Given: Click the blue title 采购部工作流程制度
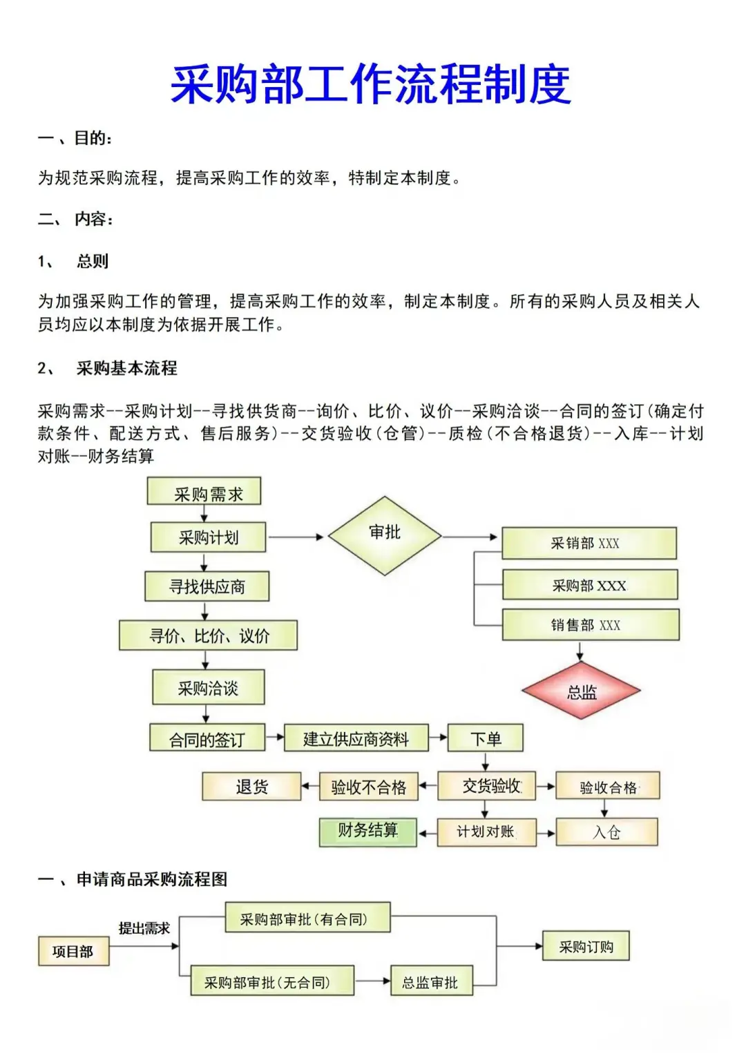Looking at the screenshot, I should [x=371, y=85].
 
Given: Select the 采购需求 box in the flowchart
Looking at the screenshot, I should [x=204, y=492].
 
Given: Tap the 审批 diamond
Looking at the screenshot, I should [x=385, y=535].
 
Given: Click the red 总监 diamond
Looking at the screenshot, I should [x=581, y=691].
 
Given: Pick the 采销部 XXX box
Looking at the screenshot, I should [x=589, y=544].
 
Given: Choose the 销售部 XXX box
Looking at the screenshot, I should [x=590, y=625].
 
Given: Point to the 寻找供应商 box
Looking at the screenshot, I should [x=207, y=587].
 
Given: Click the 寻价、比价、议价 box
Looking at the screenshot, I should [x=208, y=635].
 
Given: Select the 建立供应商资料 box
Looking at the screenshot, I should [x=356, y=738].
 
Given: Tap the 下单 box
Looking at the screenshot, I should [x=486, y=738].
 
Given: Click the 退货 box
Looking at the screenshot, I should [x=251, y=787].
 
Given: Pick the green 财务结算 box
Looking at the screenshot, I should [x=367, y=832].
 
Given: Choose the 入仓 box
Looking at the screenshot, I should [x=606, y=832].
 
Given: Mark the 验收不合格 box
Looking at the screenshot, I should [x=369, y=787].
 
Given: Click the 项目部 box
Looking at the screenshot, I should [x=73, y=951].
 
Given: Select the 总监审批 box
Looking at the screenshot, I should [x=431, y=981].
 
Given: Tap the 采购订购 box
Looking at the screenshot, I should [x=586, y=946].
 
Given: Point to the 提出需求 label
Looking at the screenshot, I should [x=144, y=928].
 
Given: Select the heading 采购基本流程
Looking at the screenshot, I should [x=126, y=368].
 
